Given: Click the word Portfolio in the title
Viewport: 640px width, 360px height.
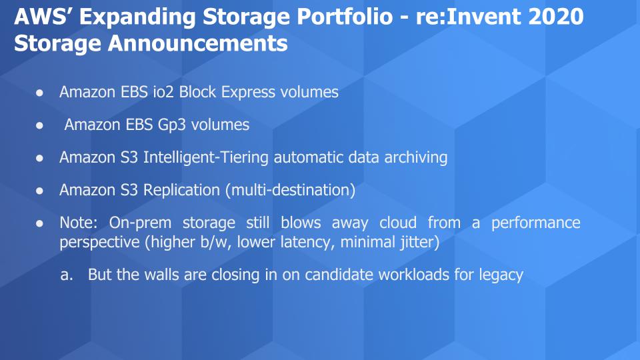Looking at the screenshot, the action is pyautogui.click(x=345, y=17).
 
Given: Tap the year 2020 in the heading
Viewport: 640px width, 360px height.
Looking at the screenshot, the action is pyautogui.click(x=556, y=17).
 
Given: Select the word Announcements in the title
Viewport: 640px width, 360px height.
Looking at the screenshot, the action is pyautogui.click(x=197, y=43).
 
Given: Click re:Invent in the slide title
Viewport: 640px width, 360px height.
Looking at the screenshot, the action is pyautogui.click(x=468, y=17).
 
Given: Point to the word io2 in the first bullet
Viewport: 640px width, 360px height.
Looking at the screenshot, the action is pyautogui.click(x=163, y=92).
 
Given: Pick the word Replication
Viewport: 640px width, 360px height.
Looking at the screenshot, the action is pyautogui.click(x=181, y=191).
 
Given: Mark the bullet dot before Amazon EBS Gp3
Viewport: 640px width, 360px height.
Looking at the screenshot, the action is pyautogui.click(x=39, y=125).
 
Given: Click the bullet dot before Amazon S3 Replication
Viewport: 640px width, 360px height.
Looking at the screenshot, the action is pyautogui.click(x=39, y=191).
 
